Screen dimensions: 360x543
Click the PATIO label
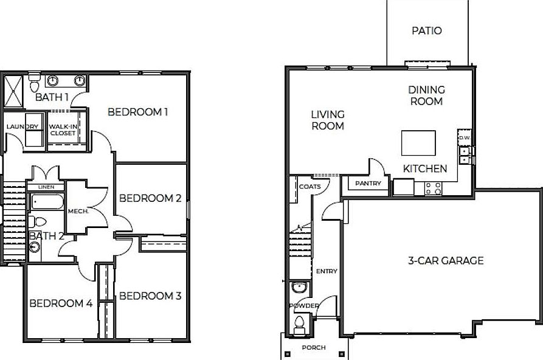click(x=426, y=30)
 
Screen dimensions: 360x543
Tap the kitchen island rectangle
click(x=418, y=143)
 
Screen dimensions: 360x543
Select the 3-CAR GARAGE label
click(x=446, y=261)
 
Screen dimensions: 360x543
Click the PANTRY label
click(x=368, y=184)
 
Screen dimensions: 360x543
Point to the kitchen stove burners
click(x=434, y=188)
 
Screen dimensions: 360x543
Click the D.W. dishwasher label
click(x=465, y=138)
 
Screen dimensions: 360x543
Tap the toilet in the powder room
click(x=299, y=324)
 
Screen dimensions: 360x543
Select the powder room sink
click(x=299, y=287)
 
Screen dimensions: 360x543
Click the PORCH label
click(x=314, y=347)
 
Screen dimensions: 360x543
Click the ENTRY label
click(x=327, y=271)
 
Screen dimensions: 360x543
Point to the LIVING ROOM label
click(x=328, y=120)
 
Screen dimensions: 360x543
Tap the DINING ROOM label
click(x=426, y=95)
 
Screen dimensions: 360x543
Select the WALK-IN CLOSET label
click(x=63, y=129)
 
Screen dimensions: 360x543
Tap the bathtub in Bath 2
click(x=46, y=202)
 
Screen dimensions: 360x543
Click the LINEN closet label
click(x=46, y=187)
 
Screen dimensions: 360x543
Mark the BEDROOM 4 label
click(x=61, y=303)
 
